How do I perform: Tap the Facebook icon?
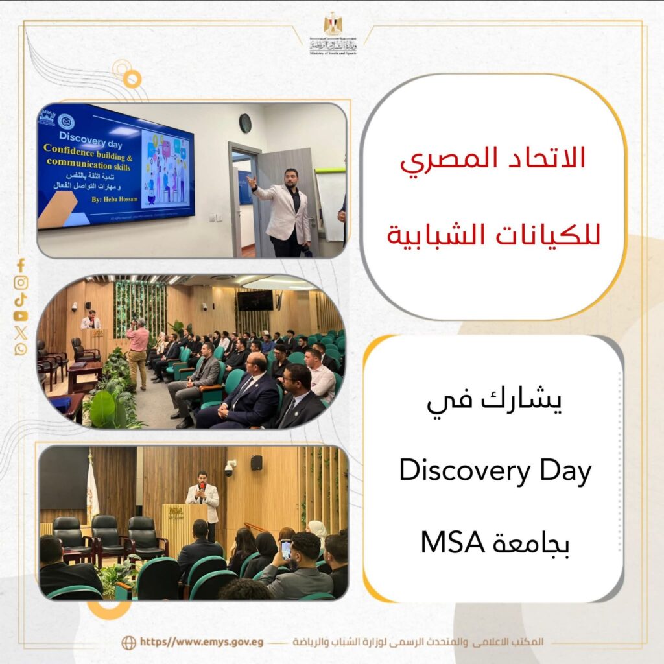coord(21,265)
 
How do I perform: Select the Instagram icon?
coord(21,283)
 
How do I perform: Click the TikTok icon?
coord(21,300)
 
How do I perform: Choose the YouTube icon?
coord(21,316)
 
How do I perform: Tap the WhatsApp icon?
coord(21,350)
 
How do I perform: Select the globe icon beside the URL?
coord(128,643)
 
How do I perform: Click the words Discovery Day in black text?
coord(495,471)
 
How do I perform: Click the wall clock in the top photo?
coord(245,123)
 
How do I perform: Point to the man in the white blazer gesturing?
coord(285,211)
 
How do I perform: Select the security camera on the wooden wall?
coord(230,468)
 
